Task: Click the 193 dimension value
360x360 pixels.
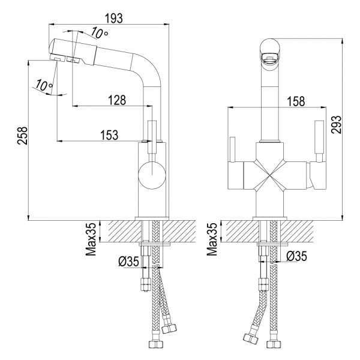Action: coord(113,19)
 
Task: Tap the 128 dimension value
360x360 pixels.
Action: coord(117,100)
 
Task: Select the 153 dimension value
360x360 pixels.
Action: coord(109,135)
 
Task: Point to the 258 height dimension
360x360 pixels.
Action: coord(22,136)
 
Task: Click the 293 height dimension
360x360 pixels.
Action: coord(337,124)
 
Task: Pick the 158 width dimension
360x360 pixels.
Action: coord(296,101)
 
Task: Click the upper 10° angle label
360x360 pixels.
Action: coord(99,33)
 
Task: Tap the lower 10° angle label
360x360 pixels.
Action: coord(44,85)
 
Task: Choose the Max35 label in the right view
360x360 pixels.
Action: coord(212,239)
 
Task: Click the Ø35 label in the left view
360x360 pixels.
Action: coord(129,261)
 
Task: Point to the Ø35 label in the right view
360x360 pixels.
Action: coord(296,256)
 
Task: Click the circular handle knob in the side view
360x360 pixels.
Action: coord(152,175)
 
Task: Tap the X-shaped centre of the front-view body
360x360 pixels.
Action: coord(269,176)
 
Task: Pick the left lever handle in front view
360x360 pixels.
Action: coord(233,149)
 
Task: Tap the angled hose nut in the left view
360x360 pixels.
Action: coord(169,328)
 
